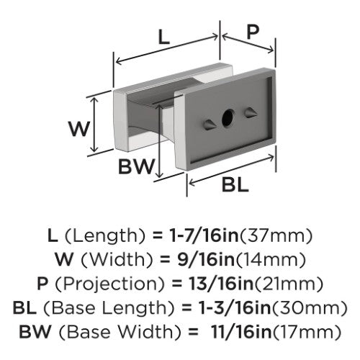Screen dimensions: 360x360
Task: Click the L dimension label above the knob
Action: (164, 37)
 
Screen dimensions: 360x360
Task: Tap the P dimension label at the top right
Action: (253, 32)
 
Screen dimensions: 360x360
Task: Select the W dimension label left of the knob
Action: (79, 129)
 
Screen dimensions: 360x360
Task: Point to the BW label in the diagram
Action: (136, 166)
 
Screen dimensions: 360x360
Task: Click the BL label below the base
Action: (235, 185)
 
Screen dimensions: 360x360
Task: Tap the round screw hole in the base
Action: (228, 117)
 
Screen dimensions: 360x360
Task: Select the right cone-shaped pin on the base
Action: (251, 112)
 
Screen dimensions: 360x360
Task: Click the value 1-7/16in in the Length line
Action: (203, 235)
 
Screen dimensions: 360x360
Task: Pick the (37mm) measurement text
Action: (276, 236)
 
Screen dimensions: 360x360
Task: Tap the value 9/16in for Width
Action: (206, 260)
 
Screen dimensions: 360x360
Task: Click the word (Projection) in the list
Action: (110, 284)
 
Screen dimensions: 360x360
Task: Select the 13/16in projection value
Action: (221, 284)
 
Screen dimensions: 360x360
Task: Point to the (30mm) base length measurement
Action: (310, 308)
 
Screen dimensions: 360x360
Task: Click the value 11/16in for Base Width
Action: (241, 332)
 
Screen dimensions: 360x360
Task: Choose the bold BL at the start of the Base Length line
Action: (24, 307)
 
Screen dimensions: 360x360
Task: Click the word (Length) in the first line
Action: (105, 236)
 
